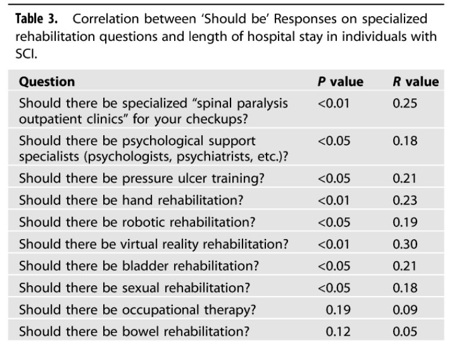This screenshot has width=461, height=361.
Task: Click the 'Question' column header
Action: point(47,82)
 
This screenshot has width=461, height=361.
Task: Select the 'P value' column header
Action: point(340,82)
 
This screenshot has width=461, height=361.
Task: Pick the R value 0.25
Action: point(405,104)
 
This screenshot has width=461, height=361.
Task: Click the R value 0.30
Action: point(405,244)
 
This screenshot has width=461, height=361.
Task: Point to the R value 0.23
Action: point(405,200)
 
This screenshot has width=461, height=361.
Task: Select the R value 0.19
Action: point(405,222)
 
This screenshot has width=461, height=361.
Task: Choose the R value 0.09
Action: point(405,310)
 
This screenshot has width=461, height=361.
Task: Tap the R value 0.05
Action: point(405,332)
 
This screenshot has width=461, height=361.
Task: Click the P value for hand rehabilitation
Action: point(334,200)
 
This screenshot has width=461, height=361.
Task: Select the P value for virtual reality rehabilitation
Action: point(334,244)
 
